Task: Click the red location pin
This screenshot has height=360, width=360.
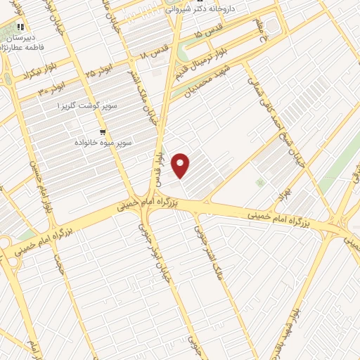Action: point(181,165)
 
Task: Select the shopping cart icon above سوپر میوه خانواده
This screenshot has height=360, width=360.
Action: point(103,131)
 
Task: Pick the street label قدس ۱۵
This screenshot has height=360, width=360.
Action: point(209,34)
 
